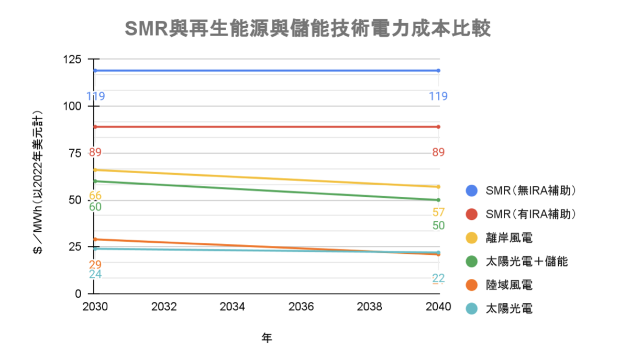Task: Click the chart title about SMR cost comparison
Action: (x=308, y=29)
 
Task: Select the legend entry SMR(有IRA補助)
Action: (x=530, y=215)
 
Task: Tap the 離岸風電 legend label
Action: (x=509, y=238)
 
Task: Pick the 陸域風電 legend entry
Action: (x=509, y=285)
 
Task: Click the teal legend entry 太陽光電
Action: (x=509, y=309)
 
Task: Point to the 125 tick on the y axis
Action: (x=72, y=59)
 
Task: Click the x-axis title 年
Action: (x=267, y=338)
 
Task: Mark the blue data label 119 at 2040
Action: (x=438, y=96)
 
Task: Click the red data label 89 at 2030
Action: (x=95, y=153)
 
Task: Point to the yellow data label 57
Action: (x=438, y=212)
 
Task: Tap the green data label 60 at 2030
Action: (x=95, y=207)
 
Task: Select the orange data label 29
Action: (x=95, y=265)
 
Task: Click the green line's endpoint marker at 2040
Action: (x=438, y=200)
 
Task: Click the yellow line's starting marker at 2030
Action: (x=95, y=170)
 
